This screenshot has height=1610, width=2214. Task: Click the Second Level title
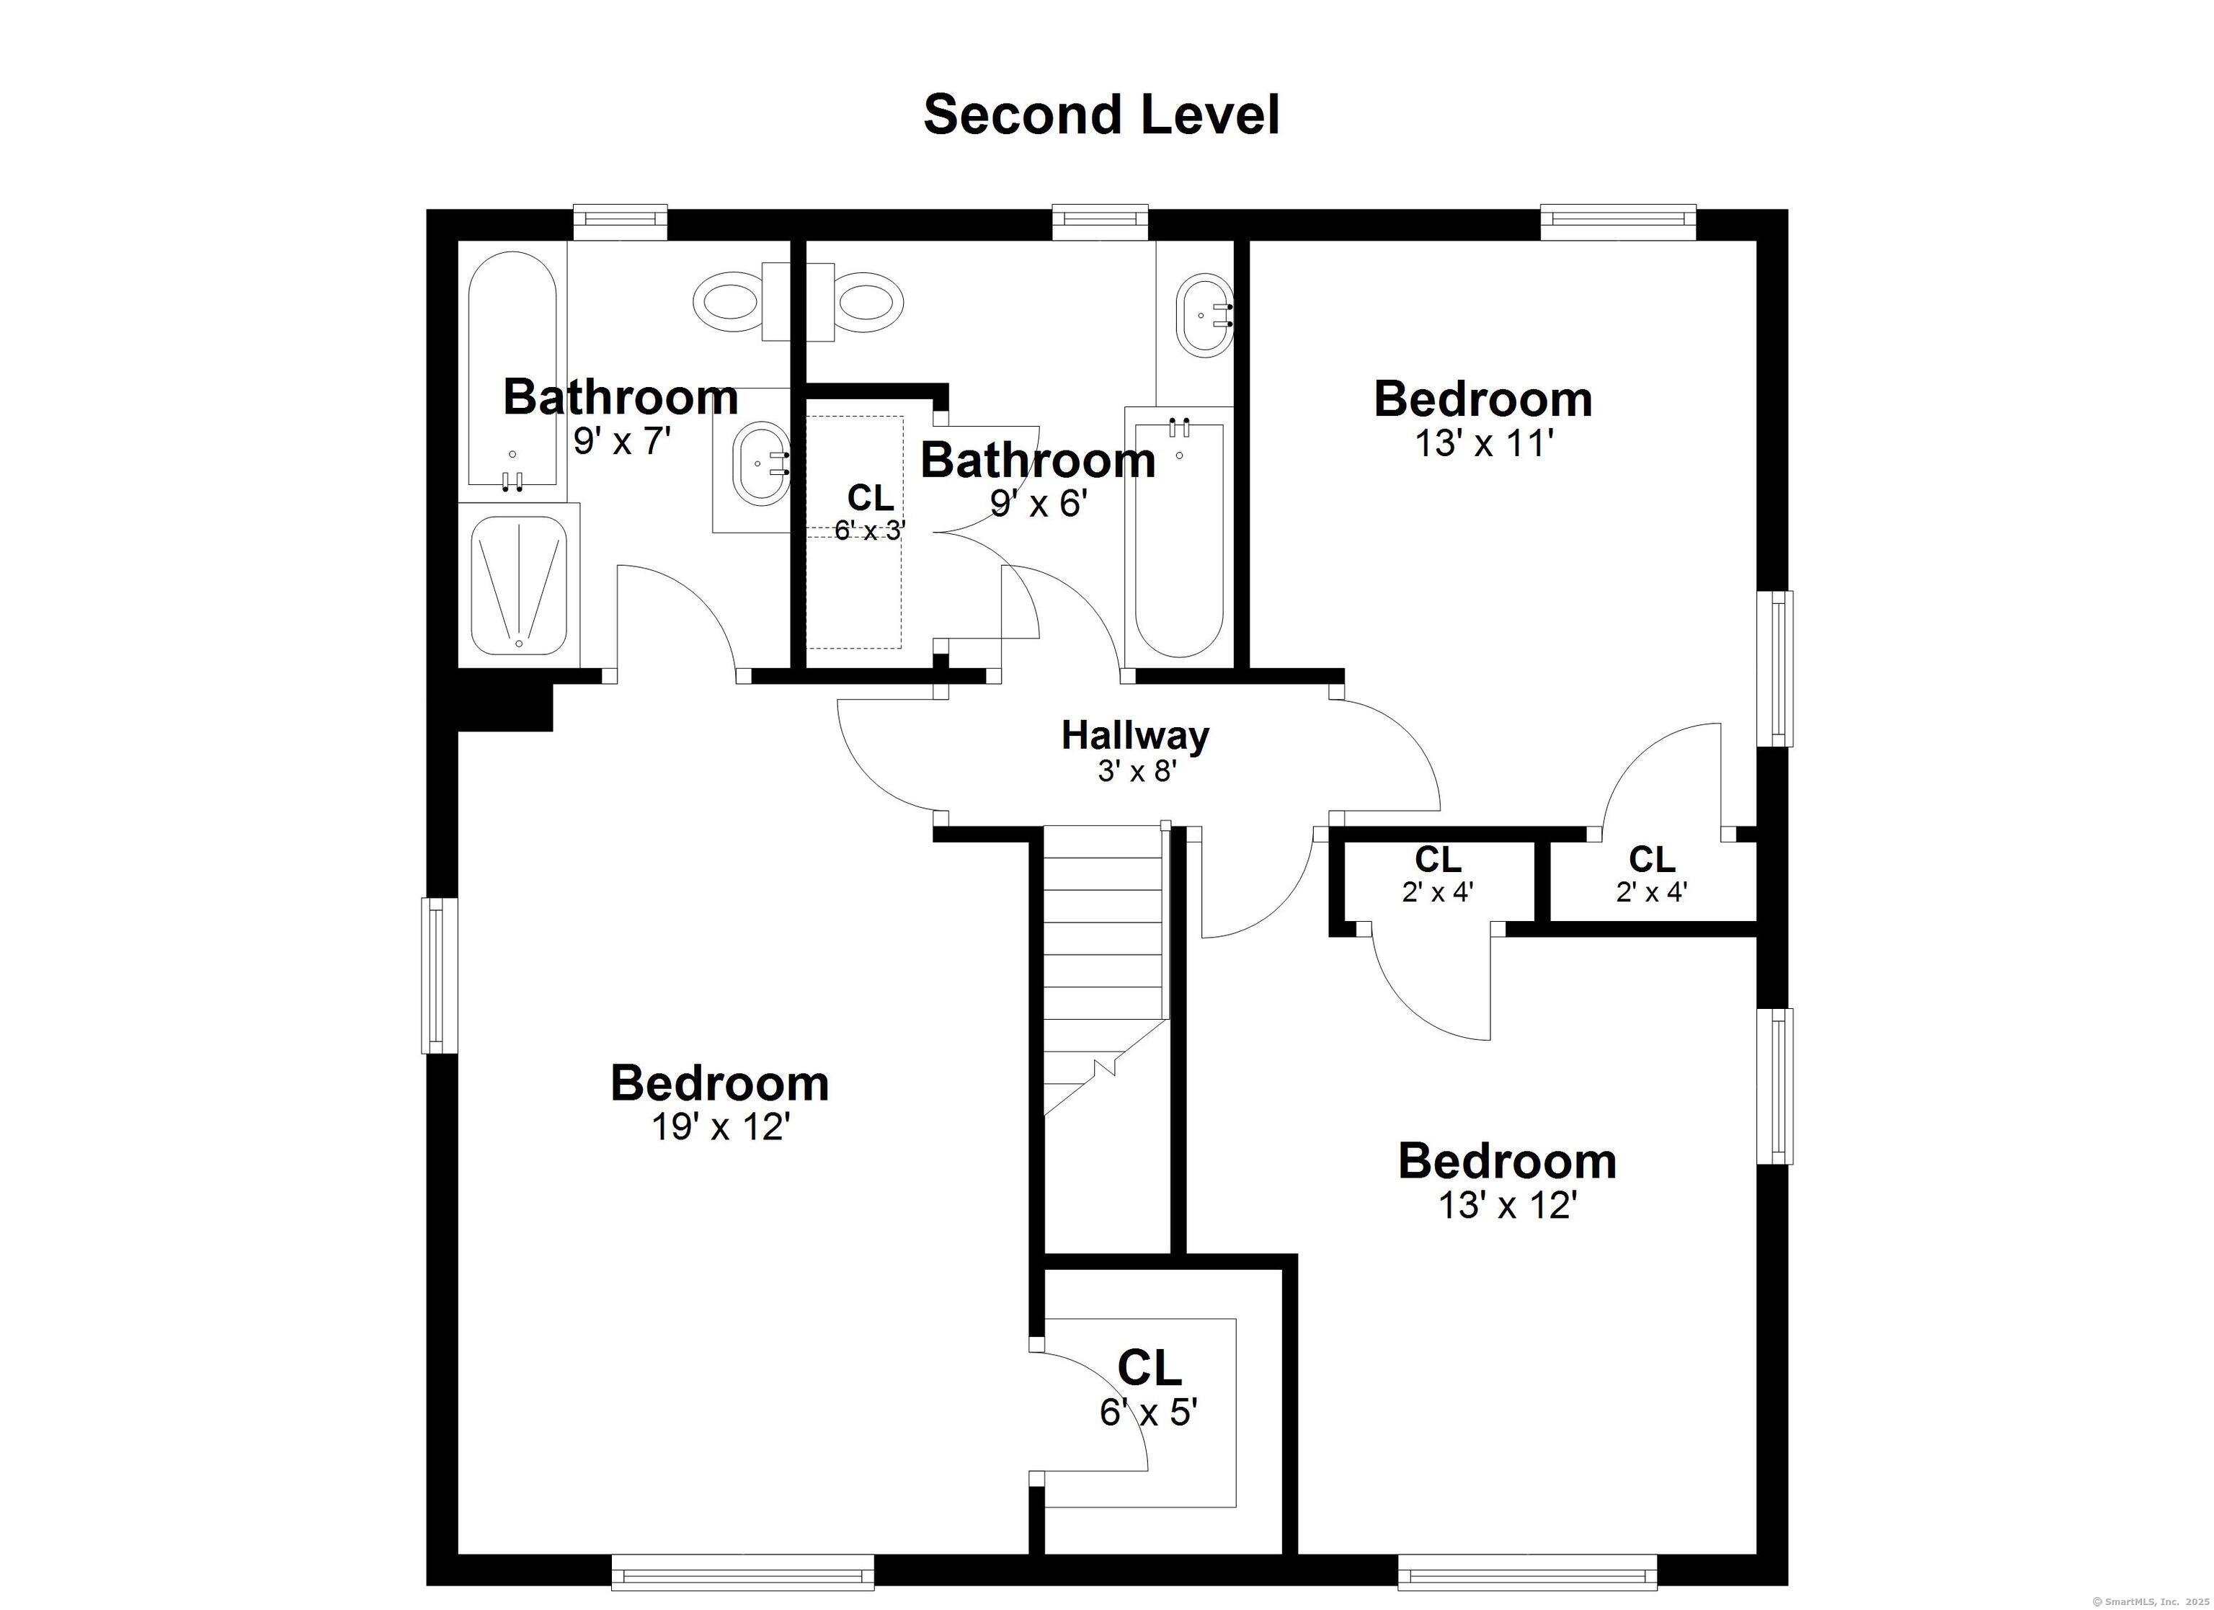point(1101,115)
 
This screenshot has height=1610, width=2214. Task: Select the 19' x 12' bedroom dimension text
point(721,1128)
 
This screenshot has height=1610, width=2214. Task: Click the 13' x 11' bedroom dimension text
point(1484,444)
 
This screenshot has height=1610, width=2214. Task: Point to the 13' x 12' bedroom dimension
point(1508,1206)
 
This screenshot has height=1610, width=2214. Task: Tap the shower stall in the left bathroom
point(518,586)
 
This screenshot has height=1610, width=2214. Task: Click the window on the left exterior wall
point(440,975)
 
